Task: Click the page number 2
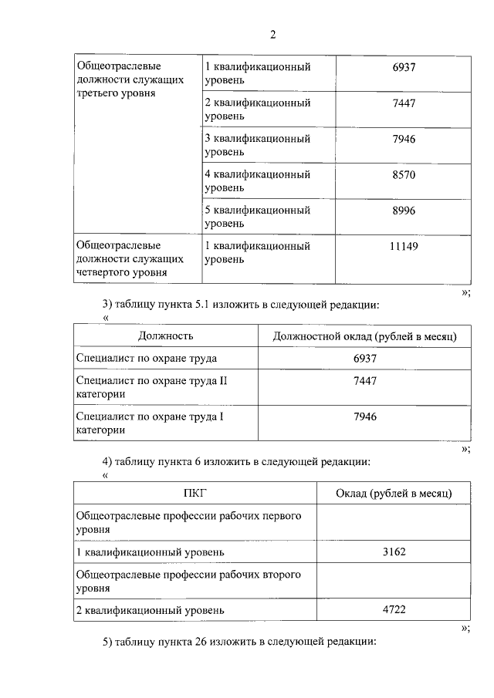pos(272,34)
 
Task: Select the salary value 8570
pos(404,175)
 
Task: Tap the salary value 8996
pos(404,211)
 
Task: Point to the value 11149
pos(404,246)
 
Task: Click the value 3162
pos(394,552)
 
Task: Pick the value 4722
pos(394,610)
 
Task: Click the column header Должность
pos(165,336)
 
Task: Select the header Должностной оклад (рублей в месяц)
pos(364,336)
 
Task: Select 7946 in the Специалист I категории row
pos(364,416)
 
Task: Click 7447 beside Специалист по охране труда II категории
pos(364,381)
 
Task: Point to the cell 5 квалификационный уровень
pos(257,217)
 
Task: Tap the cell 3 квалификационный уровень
pos(257,146)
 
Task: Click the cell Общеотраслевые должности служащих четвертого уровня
pos(130,258)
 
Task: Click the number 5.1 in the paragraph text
pos(211,305)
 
